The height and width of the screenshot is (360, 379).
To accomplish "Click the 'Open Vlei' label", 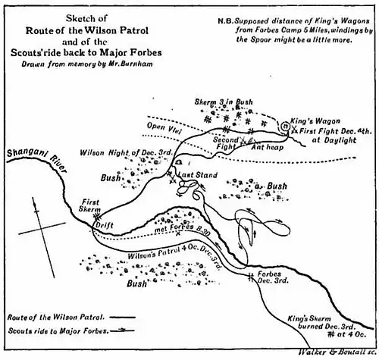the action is (x=165, y=127).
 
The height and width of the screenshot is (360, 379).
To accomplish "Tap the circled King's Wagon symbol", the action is (x=285, y=126).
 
